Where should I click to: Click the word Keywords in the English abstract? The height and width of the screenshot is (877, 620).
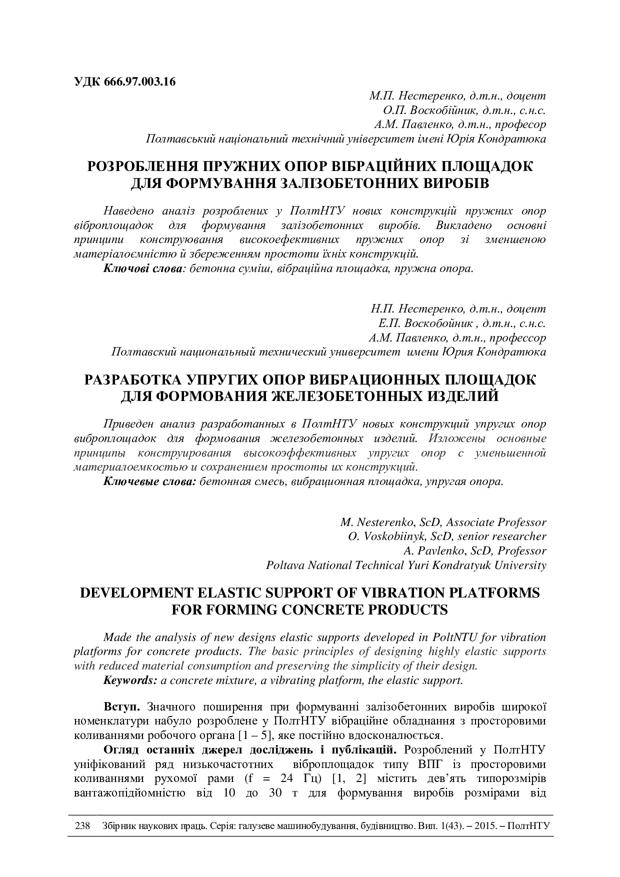click(130, 680)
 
